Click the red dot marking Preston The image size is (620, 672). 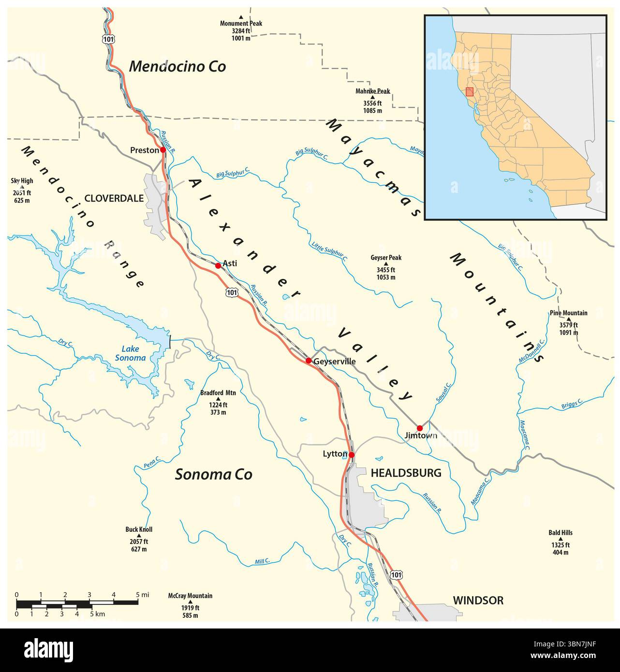pyautogui.click(x=163, y=150)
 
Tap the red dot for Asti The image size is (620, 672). pyautogui.click(x=218, y=265)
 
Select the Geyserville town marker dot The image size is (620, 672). pyautogui.click(x=309, y=361)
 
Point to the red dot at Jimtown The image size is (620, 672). pyautogui.click(x=420, y=428)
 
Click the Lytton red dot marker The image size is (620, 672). pyautogui.click(x=352, y=455)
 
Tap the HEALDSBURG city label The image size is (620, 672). pyautogui.click(x=406, y=473)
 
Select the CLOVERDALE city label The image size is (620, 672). pyautogui.click(x=114, y=198)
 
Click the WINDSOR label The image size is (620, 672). pyautogui.click(x=478, y=600)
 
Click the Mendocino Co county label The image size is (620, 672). pyautogui.click(x=177, y=67)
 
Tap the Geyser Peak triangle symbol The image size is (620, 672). pyautogui.click(x=386, y=264)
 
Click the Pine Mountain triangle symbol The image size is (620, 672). pyautogui.click(x=569, y=319)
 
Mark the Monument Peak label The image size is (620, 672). pyautogui.click(x=241, y=23)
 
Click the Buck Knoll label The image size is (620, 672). pyautogui.click(x=139, y=529)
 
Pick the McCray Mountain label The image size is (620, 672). pyautogui.click(x=190, y=596)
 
